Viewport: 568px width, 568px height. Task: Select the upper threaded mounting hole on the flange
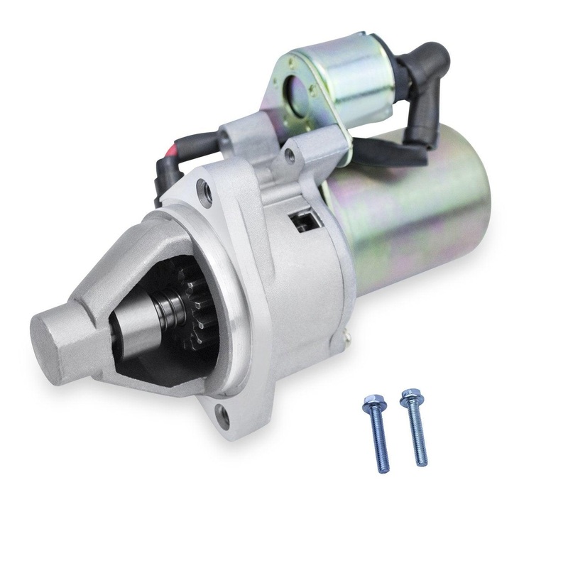[x=205, y=190]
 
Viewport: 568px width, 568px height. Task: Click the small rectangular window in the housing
[x=301, y=223]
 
